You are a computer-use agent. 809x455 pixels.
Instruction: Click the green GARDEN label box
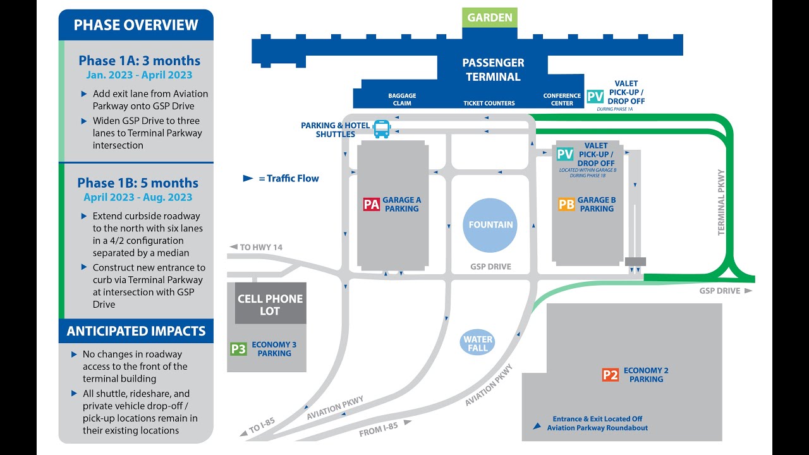[490, 18]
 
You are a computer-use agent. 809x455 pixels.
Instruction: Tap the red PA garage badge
[372, 204]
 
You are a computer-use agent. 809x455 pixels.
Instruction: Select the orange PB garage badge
[566, 204]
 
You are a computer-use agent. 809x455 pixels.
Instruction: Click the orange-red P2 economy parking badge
[610, 375]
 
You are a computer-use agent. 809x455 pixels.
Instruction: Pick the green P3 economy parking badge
[238, 349]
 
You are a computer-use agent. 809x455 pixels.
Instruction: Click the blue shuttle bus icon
[382, 129]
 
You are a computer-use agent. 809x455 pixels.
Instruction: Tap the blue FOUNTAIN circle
[490, 225]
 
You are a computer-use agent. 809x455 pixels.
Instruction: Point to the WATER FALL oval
[478, 344]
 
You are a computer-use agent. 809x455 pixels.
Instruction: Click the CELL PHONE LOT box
[271, 305]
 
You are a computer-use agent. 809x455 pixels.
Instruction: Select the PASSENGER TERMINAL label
[493, 70]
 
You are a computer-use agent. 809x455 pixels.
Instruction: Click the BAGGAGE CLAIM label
[402, 100]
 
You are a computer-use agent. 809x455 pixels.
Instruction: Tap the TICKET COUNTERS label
[489, 103]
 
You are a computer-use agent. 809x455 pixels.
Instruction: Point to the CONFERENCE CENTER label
[562, 100]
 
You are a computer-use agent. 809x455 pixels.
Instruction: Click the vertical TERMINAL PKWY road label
[721, 202]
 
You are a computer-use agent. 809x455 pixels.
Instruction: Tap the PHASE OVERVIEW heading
[136, 25]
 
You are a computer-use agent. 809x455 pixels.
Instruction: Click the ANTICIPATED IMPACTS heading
[136, 331]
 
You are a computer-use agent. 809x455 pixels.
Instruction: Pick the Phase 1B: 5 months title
[138, 183]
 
